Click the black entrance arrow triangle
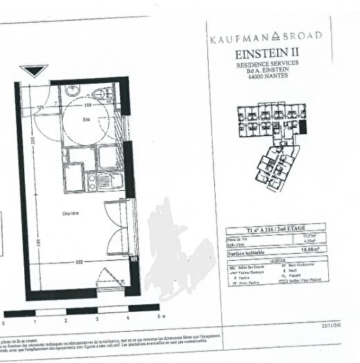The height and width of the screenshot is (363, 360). pyautogui.click(x=32, y=71)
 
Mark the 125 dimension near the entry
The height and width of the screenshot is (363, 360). pyautogui.click(x=41, y=108)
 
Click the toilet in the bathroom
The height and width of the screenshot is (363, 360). pyautogui.click(x=102, y=94)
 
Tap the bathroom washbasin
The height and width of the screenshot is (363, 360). pyautogui.click(x=73, y=91)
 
